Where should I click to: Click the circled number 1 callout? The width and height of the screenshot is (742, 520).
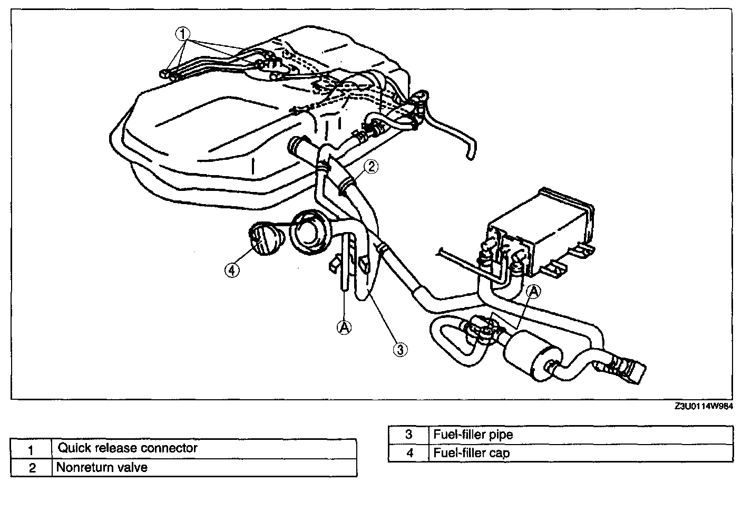182,34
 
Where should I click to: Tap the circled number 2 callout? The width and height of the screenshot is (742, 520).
371,167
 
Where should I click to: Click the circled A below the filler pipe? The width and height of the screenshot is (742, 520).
344,328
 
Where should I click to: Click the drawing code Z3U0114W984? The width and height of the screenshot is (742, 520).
704,406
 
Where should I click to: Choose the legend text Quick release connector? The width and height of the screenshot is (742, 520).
128,448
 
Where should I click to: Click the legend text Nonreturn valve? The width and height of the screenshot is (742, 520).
102,467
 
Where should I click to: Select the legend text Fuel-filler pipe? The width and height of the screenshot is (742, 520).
473,435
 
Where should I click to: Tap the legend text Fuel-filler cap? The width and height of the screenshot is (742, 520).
471,453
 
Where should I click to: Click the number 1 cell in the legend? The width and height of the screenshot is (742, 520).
31,449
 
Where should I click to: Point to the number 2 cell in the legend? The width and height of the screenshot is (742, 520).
32,468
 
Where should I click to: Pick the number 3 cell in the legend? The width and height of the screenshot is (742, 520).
408,435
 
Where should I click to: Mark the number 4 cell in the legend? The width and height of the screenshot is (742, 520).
408,453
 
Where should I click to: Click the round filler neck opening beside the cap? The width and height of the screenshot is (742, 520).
308,232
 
